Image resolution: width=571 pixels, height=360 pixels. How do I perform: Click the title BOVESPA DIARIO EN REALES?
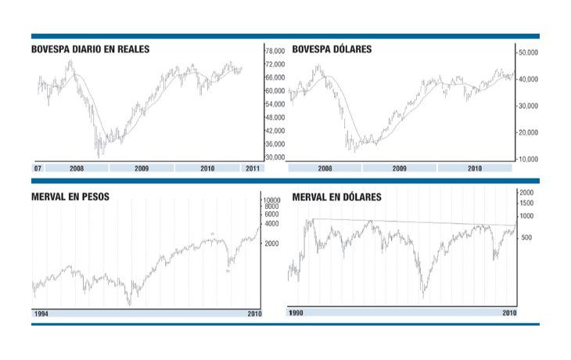pos(90,49)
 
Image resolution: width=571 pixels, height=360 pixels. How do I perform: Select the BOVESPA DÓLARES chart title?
pos(332,49)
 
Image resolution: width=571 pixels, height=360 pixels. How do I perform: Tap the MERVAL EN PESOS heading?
pos(70,196)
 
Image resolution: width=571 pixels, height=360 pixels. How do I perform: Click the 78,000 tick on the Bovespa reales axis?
pos(274,51)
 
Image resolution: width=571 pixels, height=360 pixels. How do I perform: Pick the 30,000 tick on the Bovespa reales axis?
pos(274,157)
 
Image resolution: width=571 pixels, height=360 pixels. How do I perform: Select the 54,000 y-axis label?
pos(274,104)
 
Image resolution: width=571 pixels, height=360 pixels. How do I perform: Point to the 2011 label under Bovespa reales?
pos(253,168)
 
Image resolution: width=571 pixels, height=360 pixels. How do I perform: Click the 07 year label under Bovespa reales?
pos(38,168)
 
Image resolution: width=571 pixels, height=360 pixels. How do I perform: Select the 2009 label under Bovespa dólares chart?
pos(399,168)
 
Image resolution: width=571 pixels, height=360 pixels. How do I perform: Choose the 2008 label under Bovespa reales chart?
pos(77,168)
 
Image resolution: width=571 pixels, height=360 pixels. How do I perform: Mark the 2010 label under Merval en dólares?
pos(509,314)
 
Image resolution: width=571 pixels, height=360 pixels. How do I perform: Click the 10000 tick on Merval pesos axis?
pos(271,200)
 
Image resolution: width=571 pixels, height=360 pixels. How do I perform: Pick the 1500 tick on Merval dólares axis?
pos(526,203)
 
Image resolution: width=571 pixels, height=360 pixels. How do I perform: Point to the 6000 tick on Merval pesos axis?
pos(271,214)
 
